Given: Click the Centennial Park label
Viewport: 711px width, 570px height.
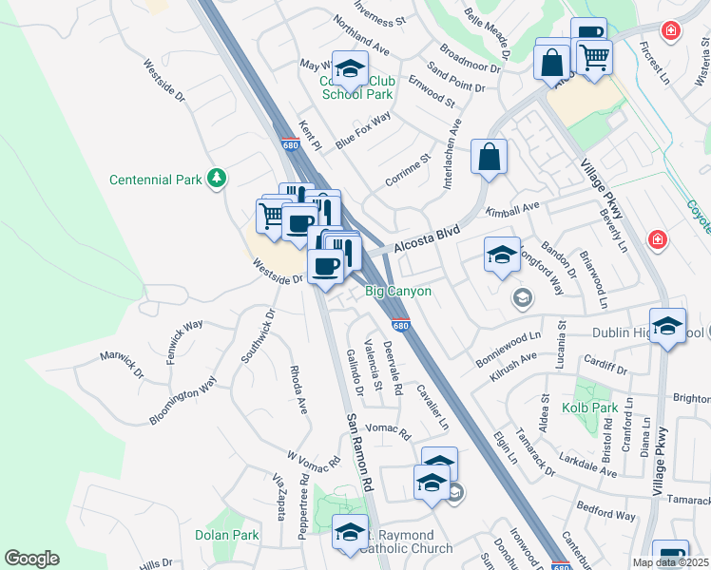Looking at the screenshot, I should [153, 179].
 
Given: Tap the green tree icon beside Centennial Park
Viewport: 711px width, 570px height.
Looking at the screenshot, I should [218, 178].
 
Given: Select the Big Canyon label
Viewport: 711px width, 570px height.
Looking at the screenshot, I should [399, 292].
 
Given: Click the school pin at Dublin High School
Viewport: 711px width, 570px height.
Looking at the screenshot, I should [668, 327].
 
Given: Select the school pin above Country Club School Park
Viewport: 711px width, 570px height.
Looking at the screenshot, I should [350, 68].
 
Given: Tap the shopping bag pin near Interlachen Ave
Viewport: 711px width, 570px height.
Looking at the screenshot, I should [489, 158].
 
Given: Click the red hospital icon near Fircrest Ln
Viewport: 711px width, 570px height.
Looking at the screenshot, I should [671, 30].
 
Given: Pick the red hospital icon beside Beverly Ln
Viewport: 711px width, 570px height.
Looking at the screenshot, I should [656, 238].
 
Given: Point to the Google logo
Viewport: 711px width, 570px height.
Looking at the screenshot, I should [31, 559].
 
